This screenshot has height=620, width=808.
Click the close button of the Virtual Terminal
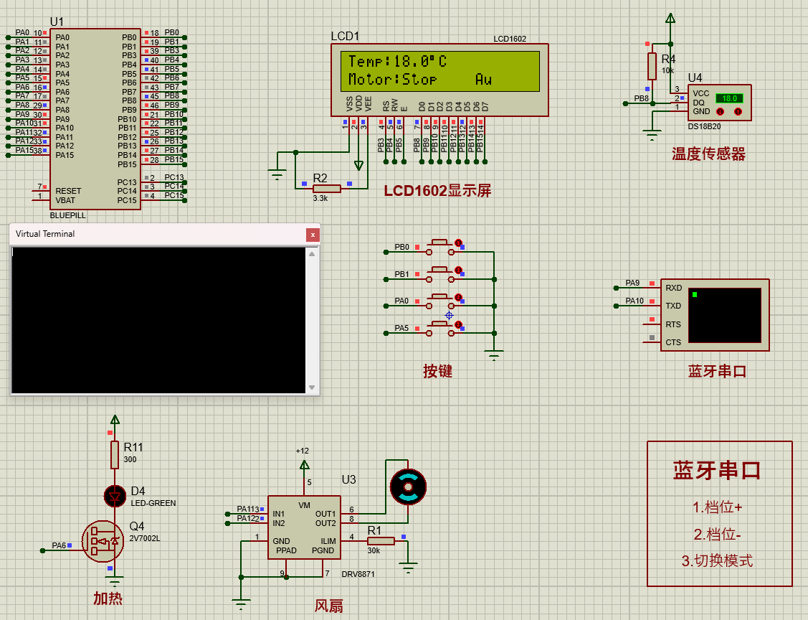[x=312, y=235]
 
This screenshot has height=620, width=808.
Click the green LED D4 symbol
[x=115, y=495]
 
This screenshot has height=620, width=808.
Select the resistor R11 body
[x=115, y=455]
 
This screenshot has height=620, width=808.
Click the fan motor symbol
[x=407, y=487]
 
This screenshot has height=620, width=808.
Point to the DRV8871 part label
[x=358, y=574]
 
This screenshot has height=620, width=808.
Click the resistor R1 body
[x=380, y=541]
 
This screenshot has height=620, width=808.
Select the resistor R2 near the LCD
[x=327, y=188]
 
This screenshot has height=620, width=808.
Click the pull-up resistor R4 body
[x=652, y=66]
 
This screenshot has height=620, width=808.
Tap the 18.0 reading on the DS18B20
[x=729, y=98]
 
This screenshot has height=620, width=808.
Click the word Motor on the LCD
[x=371, y=79]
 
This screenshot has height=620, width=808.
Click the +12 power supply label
[x=302, y=451]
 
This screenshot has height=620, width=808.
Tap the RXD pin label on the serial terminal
[x=673, y=288]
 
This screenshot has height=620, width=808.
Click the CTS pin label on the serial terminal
[x=673, y=342]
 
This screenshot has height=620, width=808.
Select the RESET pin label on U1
[x=68, y=191]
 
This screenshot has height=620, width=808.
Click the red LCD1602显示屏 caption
[x=437, y=191]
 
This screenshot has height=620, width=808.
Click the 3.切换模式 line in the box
[x=717, y=561]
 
